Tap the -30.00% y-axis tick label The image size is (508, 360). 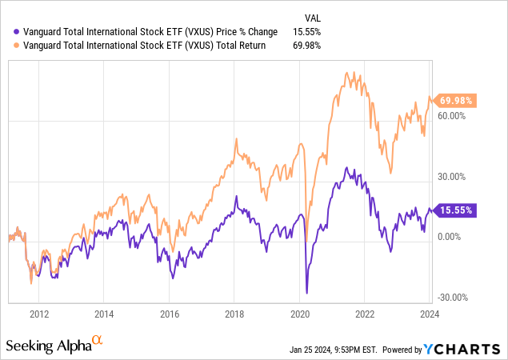[x=453, y=297]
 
